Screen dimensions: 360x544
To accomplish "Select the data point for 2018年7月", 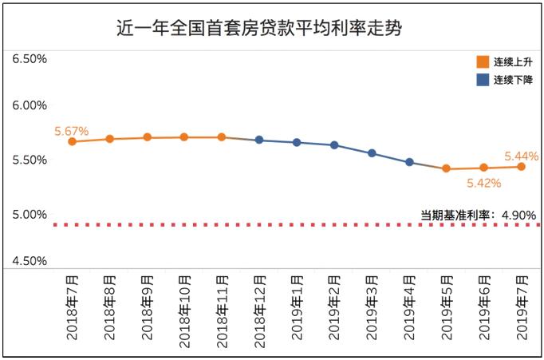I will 72,141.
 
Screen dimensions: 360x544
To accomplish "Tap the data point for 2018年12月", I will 259,140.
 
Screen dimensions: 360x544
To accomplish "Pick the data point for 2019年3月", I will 372,152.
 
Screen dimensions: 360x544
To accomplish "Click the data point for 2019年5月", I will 447,168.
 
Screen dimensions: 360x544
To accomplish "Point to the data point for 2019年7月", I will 522,166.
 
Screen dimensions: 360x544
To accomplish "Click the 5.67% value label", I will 71,130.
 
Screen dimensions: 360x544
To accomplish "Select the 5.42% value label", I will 484,184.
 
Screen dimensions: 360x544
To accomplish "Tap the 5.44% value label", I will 522,156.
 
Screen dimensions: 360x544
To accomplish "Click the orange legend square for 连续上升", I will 481,61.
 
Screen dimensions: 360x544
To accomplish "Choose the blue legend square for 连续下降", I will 481,80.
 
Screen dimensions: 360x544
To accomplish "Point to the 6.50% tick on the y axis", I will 30,59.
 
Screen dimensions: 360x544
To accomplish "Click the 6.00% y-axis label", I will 30,105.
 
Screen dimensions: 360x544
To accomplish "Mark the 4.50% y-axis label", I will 30,261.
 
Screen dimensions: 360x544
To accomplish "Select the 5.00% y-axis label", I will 30,215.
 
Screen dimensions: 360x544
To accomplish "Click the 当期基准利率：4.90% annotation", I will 478,214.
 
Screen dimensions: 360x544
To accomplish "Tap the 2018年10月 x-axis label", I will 184,308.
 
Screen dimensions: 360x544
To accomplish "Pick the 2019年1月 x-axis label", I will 297,307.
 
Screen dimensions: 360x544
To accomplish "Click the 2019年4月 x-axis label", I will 409,307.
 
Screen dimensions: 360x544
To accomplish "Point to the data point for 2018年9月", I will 147,137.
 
